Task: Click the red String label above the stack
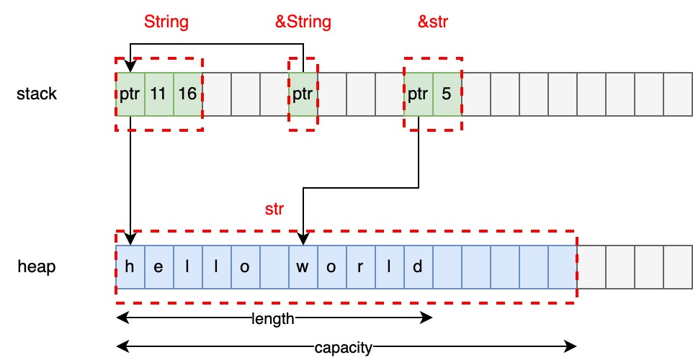click(x=166, y=22)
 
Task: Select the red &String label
click(x=303, y=22)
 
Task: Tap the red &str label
click(x=434, y=22)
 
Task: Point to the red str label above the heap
click(x=274, y=210)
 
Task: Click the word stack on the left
click(x=37, y=94)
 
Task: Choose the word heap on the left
click(x=37, y=266)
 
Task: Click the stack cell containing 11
click(x=159, y=94)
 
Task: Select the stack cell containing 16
click(x=188, y=94)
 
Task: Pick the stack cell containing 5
click(x=447, y=94)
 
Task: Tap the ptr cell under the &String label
click(x=303, y=94)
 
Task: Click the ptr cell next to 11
click(x=130, y=94)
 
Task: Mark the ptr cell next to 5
click(x=419, y=94)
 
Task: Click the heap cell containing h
click(x=130, y=267)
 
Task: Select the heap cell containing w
click(x=303, y=267)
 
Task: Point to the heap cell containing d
click(x=419, y=267)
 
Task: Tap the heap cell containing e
click(x=159, y=267)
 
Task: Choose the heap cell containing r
click(x=361, y=267)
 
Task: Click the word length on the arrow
click(x=273, y=319)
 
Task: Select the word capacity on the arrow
click(x=343, y=348)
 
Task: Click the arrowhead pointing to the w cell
click(x=303, y=240)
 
